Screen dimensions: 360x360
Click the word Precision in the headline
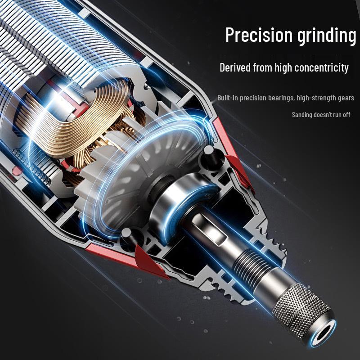(x=259, y=35)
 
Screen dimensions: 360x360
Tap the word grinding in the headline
(x=327, y=36)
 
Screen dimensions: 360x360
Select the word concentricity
(x=321, y=68)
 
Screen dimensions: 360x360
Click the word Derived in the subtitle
(x=235, y=67)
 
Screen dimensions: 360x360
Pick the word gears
(x=346, y=98)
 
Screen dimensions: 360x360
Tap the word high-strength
(x=316, y=98)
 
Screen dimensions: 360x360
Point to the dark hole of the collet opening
(x=324, y=334)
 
